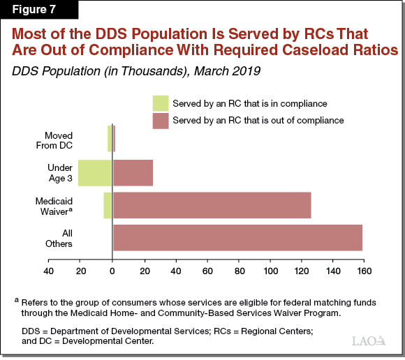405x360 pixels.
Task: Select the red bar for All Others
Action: click(237, 238)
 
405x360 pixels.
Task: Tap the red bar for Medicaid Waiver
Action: click(212, 205)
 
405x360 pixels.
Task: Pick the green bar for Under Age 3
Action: click(95, 172)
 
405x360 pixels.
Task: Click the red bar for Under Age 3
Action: click(133, 172)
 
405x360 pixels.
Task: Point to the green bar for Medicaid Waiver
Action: click(108, 205)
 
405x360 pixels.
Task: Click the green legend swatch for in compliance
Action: click(161, 103)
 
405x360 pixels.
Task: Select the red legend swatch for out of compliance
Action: click(161, 120)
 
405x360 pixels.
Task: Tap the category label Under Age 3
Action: click(59, 172)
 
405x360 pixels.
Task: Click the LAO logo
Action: click(369, 340)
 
